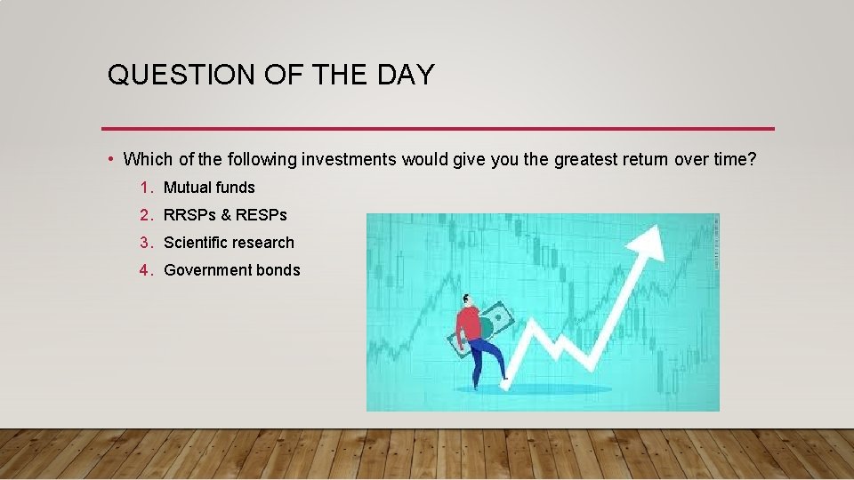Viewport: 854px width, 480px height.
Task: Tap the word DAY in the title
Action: (x=406, y=76)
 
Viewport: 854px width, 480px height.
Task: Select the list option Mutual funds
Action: (x=209, y=188)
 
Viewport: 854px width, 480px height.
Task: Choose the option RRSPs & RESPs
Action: (x=225, y=215)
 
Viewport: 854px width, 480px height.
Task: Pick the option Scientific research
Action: (x=229, y=243)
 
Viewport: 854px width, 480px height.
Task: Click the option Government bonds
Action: (x=232, y=270)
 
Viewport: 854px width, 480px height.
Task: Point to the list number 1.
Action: (x=144, y=188)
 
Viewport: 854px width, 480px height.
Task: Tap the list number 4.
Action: (x=144, y=270)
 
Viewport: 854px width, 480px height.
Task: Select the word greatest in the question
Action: (x=584, y=160)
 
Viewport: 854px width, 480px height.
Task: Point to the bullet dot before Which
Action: (x=109, y=160)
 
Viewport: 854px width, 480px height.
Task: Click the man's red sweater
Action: (x=469, y=324)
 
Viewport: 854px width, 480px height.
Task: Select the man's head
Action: (x=469, y=300)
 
